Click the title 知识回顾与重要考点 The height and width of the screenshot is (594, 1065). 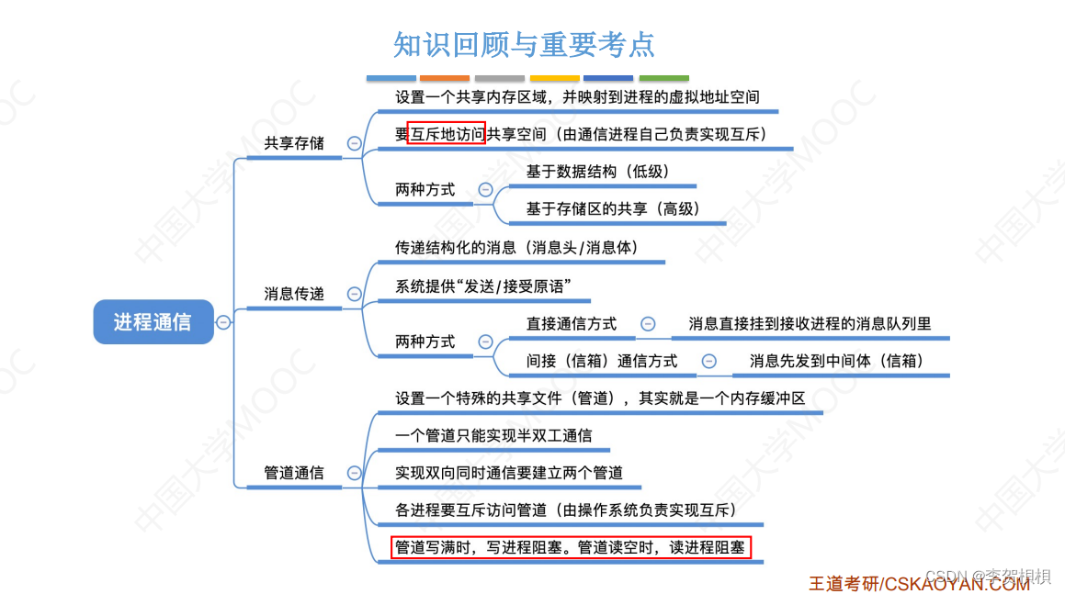click(x=524, y=44)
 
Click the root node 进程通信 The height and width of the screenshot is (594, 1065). click(x=153, y=322)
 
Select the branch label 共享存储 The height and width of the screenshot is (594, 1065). click(x=294, y=143)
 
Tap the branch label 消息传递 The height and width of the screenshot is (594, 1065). click(x=294, y=294)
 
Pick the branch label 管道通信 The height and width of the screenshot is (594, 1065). click(x=294, y=473)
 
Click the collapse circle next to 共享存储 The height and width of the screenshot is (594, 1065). click(x=354, y=143)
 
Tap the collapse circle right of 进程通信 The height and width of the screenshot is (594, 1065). click(x=223, y=322)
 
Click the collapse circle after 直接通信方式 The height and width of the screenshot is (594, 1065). click(x=648, y=324)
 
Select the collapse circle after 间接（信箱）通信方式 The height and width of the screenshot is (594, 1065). click(x=708, y=362)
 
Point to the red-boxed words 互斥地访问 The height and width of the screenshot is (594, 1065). click(x=446, y=134)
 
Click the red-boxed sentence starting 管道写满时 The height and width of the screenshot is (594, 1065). click(x=571, y=548)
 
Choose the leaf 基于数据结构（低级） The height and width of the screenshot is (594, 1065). click(x=597, y=172)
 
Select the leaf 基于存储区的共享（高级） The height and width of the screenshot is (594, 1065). click(x=613, y=209)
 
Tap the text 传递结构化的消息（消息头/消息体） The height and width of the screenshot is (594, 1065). click(x=516, y=248)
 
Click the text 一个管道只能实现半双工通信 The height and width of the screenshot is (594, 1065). click(x=493, y=435)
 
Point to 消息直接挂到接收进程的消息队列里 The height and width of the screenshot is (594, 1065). click(x=810, y=324)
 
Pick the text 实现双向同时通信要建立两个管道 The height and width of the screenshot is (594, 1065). click(x=509, y=473)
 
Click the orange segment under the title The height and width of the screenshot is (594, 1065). click(x=445, y=79)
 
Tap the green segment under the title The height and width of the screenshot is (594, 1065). click(x=663, y=79)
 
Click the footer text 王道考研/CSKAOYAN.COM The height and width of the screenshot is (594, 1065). click(x=919, y=583)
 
